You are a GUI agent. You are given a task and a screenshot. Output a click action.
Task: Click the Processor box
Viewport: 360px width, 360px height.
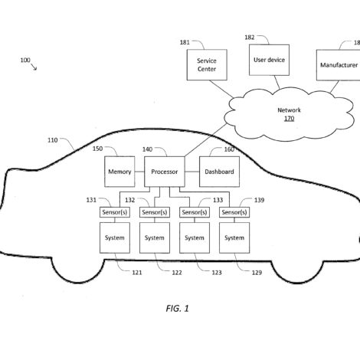[165, 172]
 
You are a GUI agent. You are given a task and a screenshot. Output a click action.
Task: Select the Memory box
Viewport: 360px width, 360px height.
[119, 172]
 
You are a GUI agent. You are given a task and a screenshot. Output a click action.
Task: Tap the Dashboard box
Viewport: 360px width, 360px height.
[219, 172]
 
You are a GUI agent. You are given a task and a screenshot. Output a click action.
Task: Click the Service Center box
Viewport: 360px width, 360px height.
[207, 65]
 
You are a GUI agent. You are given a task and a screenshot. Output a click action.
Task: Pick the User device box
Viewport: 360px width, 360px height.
[269, 60]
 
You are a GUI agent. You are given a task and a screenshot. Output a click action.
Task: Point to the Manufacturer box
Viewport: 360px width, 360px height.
[339, 65]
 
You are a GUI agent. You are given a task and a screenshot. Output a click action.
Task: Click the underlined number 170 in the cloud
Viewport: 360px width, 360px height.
[289, 119]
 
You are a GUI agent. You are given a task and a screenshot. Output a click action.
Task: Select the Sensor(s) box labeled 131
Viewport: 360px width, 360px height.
[115, 212]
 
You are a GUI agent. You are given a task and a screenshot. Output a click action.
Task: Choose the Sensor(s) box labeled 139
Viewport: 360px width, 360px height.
[234, 212]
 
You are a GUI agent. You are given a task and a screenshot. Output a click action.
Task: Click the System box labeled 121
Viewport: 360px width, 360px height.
[115, 237]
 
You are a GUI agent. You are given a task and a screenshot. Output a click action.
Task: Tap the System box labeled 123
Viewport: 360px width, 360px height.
[195, 237]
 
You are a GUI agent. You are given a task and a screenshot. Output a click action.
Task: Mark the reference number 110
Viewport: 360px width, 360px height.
[53, 140]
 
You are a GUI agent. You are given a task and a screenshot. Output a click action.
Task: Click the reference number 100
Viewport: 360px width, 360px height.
[25, 61]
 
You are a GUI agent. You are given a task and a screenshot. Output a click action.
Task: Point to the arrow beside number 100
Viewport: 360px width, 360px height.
[34, 67]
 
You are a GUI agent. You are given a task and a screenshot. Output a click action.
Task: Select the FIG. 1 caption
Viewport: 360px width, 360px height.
[177, 309]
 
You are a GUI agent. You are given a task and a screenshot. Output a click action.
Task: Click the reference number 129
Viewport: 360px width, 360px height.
[257, 273]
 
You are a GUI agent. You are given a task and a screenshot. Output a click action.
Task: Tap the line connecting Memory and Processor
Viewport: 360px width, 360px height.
[139, 172]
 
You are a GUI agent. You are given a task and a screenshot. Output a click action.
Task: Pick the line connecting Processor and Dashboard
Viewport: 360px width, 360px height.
[192, 172]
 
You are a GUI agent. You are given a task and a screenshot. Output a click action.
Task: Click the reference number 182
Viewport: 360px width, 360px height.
[250, 38]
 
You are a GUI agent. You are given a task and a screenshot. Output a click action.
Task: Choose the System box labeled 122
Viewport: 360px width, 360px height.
[155, 237]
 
